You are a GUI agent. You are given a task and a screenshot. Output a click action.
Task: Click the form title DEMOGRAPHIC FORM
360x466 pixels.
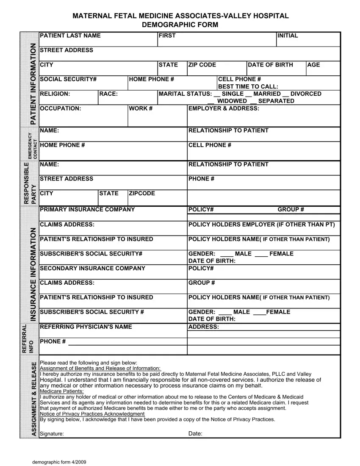pos(180,25)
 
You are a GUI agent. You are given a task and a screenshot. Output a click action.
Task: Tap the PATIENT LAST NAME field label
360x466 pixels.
pos(70,36)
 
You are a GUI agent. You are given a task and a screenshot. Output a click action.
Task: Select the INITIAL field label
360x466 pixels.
pos(288,36)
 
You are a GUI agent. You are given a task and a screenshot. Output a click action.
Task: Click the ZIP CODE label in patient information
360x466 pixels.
pos(202,65)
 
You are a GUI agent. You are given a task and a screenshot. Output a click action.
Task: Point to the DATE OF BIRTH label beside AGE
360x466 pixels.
pos(270,65)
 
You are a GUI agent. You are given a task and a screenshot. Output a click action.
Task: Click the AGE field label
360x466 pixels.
pos(314,65)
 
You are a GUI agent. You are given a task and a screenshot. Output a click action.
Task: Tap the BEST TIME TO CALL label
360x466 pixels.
pos(248,86)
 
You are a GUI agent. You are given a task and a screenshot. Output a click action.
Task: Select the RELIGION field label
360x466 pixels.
pos(55,94)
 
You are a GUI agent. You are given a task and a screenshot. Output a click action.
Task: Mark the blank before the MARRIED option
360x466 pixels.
pos(249,94)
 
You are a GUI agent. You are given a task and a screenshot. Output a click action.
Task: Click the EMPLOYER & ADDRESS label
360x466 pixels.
pos(224,108)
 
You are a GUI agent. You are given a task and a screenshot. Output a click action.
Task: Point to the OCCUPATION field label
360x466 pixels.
pos(60,108)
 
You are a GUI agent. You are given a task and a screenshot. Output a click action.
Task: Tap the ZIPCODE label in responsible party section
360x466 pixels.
pos(142,194)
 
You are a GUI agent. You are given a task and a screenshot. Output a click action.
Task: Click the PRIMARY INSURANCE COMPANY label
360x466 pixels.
pos(87,209)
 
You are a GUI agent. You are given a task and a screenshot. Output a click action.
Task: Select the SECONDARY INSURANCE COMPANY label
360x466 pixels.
pos(92,268)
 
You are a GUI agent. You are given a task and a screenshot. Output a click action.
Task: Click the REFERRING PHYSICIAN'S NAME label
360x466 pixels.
pos(86,327)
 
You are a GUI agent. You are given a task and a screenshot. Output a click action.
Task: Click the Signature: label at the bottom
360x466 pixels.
pos(52,434)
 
